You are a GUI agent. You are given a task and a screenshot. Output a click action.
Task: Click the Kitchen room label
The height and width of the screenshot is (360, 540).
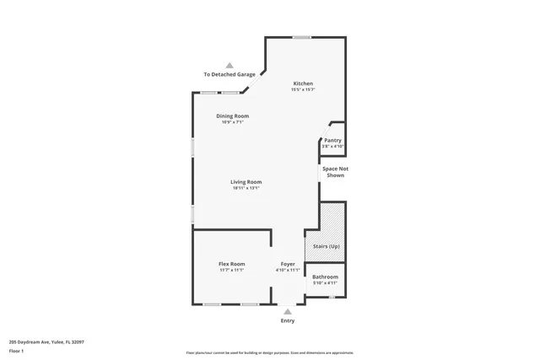point(303,83)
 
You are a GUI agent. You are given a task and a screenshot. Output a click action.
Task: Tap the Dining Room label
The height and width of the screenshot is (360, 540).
point(232,116)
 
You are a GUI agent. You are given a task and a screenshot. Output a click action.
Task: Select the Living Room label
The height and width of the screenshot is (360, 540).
point(246,182)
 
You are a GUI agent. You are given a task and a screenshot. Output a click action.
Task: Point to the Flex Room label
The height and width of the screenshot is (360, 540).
point(232,264)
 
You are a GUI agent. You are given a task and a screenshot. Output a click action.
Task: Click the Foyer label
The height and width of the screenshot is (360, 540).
point(288,264)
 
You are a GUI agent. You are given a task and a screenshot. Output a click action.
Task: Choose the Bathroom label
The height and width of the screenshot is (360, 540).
point(325,277)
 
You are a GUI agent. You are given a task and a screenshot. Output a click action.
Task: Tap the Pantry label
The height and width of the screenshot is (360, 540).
point(332,140)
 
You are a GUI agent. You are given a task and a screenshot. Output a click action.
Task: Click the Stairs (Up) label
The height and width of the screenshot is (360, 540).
point(326,246)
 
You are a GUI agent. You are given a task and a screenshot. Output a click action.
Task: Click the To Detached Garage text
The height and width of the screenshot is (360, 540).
point(229,74)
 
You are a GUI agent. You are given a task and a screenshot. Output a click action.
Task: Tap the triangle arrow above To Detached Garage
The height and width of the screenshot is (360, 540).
point(229,64)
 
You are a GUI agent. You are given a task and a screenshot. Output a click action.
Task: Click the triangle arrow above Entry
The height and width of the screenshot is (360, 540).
point(288,311)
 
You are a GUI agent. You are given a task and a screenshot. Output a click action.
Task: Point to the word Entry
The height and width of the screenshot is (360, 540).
point(288,321)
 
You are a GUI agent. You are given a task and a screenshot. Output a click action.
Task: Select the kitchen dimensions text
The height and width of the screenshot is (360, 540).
point(303,90)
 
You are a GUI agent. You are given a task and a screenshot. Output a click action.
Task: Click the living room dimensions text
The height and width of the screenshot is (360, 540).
point(246,188)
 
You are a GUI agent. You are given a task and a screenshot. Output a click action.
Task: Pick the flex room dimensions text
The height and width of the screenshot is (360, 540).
point(232,270)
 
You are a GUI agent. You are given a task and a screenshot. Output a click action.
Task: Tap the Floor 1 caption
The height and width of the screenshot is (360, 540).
point(18,350)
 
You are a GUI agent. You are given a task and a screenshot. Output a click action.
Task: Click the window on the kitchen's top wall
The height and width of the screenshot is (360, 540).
point(301,37)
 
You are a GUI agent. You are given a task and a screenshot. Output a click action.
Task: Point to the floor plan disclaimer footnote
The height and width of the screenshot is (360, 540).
point(269,353)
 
